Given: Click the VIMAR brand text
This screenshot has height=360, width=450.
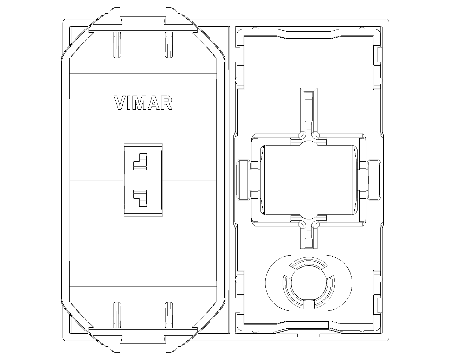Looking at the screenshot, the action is (143, 103).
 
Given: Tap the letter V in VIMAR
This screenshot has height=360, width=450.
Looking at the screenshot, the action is (120, 103).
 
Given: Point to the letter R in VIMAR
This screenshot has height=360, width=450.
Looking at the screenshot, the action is (166, 103).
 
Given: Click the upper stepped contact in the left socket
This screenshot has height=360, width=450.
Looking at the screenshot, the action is (140, 161).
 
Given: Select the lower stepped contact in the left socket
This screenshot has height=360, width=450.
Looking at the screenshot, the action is (140, 198).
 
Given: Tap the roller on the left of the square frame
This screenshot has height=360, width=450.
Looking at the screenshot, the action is (243, 180).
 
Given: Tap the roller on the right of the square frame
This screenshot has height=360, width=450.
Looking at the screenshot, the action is (374, 180).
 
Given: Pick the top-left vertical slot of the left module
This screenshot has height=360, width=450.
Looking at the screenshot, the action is (117, 45).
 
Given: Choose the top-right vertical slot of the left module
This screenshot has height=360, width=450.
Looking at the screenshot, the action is (169, 45).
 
